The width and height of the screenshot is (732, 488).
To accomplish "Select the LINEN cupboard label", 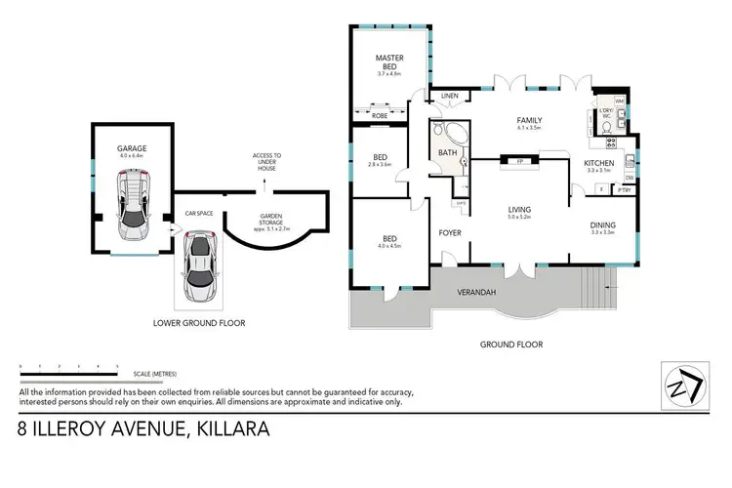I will point(449,96).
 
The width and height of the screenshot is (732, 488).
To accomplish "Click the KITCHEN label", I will point(597,162).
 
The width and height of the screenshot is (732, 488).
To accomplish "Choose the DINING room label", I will point(602,224).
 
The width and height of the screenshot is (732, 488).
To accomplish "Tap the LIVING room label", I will point(518,209).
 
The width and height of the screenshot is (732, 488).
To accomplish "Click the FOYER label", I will point(450,232).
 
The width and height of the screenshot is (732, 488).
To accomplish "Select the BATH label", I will point(448,152).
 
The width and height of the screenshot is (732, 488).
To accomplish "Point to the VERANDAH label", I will point(477,291).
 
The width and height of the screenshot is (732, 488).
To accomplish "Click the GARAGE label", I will point(132,148).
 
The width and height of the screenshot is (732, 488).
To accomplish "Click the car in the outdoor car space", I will point(201,266).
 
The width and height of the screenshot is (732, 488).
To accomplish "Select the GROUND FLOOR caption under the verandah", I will point(510,344).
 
